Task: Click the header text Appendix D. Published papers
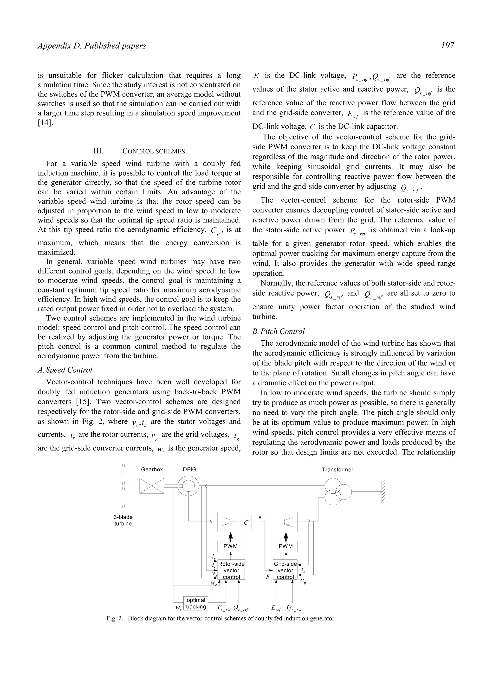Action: pyautogui.click(x=92, y=46)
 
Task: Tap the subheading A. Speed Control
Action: pyautogui.click(x=65, y=370)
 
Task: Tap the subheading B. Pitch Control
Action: pyautogui.click(x=278, y=331)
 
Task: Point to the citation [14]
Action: pyautogui.click(x=45, y=123)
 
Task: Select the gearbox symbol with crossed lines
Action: pyautogui.click(x=152, y=486)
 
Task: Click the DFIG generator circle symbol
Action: pyautogui.click(x=188, y=486)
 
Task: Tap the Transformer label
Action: pyautogui.click(x=337, y=470)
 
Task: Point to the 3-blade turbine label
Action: pyautogui.click(x=123, y=520)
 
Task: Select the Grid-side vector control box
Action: pyautogui.click(x=285, y=570)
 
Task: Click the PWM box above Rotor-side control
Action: pyautogui.click(x=230, y=546)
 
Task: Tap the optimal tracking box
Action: pyautogui.click(x=196, y=603)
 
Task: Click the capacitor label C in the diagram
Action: pyautogui.click(x=246, y=523)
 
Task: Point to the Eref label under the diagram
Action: pyautogui.click(x=276, y=608)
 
